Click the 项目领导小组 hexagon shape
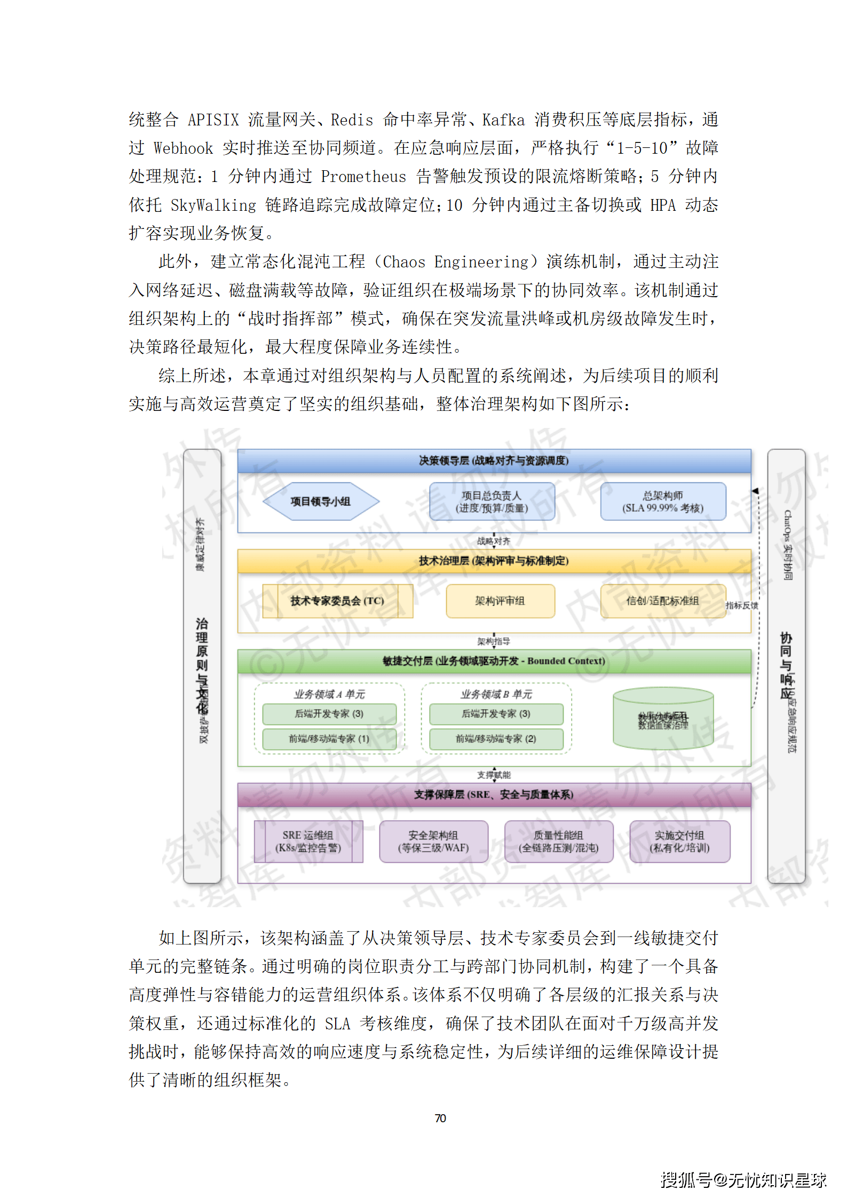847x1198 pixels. pos(320,501)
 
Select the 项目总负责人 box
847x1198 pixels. pos(492,501)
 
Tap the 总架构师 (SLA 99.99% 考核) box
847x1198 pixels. pos(663,501)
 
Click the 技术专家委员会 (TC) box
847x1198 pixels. pos(337,601)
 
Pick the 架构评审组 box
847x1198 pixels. pos(500,601)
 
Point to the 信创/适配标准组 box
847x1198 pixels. pos(663,601)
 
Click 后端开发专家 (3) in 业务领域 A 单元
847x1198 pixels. pos(329,714)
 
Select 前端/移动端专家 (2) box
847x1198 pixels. pos(496,739)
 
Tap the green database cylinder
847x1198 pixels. pos(663,719)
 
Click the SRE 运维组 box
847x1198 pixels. pos(308,842)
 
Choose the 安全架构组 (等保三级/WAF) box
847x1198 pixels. pos(433,842)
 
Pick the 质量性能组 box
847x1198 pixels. pos(559,842)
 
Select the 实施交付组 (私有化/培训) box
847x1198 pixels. pos(679,842)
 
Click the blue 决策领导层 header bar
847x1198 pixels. pos(494,461)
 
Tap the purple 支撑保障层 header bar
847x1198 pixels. pos(494,795)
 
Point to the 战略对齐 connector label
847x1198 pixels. pos(494,541)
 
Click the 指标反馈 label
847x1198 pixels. pos(741,606)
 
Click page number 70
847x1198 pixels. pos(440,1118)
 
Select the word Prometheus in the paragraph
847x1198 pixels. pos(363,177)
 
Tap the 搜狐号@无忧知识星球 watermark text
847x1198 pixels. pos(743,1180)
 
